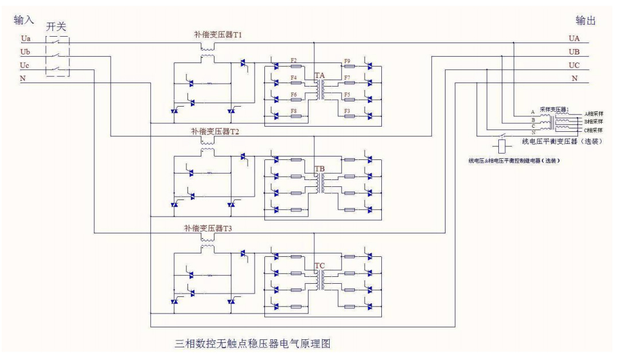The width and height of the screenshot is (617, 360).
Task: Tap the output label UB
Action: [x=574, y=52]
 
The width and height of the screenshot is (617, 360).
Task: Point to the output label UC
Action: [x=574, y=65]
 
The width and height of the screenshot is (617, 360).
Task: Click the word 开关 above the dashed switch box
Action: [x=57, y=28]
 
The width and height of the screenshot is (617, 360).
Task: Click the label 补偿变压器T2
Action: [x=215, y=132]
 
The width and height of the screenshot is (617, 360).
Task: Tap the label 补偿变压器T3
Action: [x=215, y=228]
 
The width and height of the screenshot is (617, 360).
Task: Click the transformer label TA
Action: [x=320, y=76]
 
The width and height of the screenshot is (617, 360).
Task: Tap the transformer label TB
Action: [x=320, y=170]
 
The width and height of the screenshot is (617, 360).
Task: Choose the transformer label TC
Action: [x=320, y=266]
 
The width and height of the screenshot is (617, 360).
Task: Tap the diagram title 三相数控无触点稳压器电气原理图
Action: [x=252, y=344]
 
